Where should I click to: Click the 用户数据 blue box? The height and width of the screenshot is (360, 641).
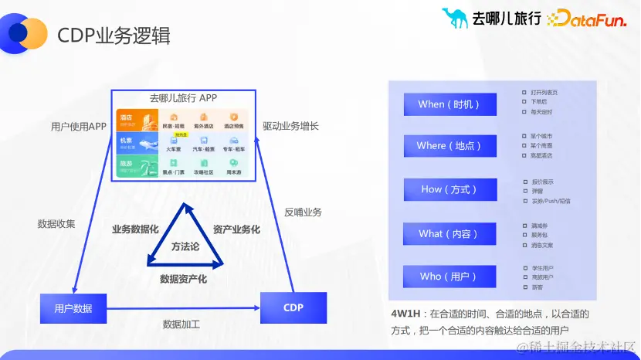73,308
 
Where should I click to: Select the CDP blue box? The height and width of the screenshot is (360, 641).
293,307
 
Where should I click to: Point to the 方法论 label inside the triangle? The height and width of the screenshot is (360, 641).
185,246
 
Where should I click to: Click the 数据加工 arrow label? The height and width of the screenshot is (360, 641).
181,324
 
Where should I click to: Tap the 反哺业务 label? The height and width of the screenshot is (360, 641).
303,212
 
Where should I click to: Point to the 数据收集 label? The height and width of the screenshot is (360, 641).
56,224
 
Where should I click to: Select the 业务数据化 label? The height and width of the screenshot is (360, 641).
135,229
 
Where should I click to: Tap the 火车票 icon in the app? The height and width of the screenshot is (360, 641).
174,143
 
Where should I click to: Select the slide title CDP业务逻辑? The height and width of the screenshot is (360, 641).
114,36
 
